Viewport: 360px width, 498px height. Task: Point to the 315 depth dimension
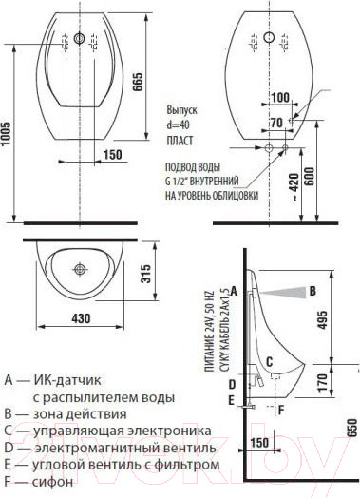(x=144, y=275)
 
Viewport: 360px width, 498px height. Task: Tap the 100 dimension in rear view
(x=279, y=98)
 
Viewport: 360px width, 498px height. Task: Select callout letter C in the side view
(x=270, y=361)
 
